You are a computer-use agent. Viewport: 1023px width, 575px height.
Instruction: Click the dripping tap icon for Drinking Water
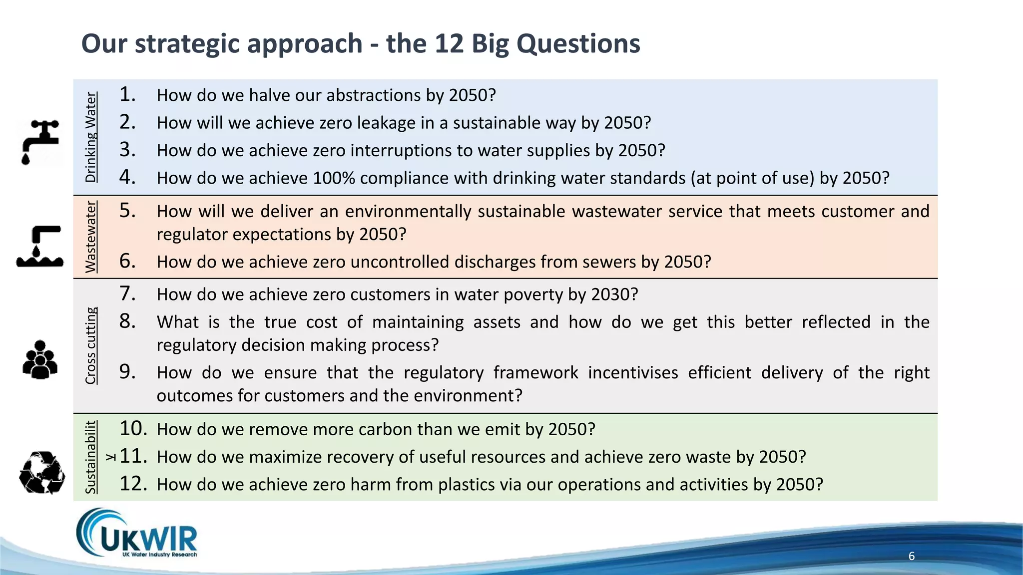[x=40, y=141]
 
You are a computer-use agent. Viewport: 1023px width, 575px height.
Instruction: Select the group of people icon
[x=40, y=359]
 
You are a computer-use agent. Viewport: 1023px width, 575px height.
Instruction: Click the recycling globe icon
[x=42, y=473]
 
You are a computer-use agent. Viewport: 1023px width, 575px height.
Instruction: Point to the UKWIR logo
[x=137, y=534]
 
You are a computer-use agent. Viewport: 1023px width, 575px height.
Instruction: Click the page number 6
[x=912, y=556]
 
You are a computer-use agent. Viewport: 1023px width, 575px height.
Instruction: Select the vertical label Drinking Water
[x=90, y=137]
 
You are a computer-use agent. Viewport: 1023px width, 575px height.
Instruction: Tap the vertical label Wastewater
[x=90, y=237]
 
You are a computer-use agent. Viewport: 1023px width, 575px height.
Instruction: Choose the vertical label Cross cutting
[x=90, y=345]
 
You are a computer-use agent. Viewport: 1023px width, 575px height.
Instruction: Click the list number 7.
[x=128, y=293]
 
